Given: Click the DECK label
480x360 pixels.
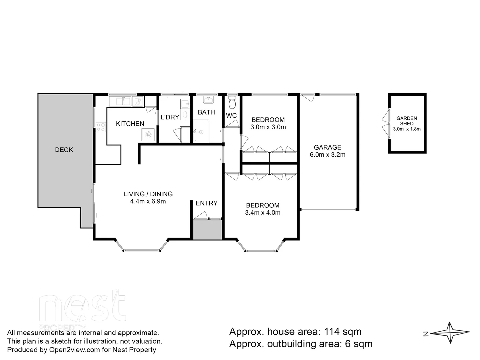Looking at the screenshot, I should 64,150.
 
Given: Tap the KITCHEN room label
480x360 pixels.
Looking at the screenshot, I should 130,124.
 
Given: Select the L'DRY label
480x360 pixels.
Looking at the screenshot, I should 170,117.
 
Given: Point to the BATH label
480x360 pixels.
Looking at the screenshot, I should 206,112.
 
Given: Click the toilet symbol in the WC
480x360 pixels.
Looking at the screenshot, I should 232,103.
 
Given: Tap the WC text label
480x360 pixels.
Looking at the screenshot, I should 231,116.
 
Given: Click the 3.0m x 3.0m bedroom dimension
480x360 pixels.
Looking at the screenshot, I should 268,127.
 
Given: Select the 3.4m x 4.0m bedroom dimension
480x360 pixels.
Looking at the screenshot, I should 263,213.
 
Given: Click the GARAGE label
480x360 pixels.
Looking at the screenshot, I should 327,147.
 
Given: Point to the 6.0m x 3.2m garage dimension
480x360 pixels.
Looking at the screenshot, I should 327,155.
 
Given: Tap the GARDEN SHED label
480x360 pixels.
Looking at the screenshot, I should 407,121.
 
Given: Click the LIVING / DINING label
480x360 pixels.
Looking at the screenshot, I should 148,194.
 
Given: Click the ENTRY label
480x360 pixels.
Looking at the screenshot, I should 206,203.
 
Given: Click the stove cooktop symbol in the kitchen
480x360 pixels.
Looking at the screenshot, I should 101,127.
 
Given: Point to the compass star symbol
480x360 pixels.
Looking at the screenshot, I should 450,333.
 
